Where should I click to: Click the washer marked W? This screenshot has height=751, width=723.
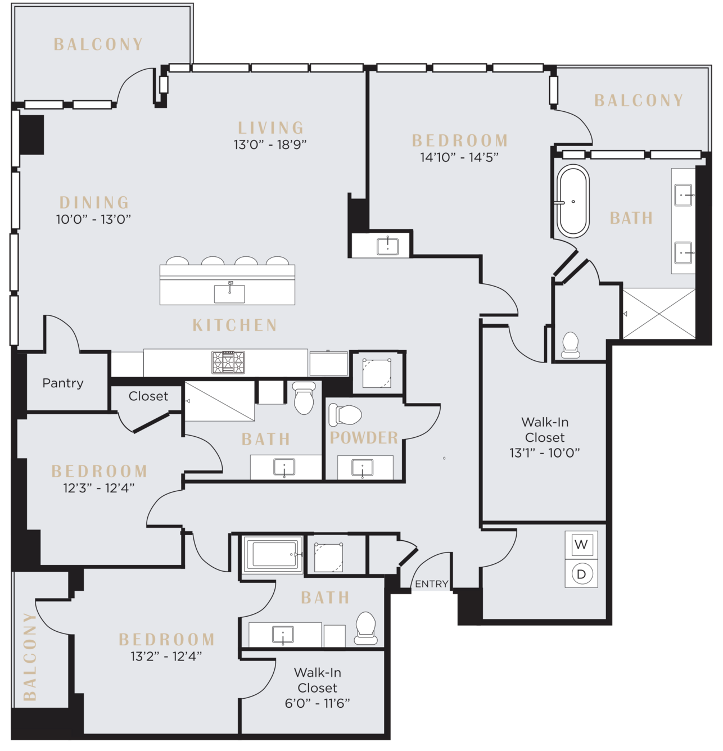581,545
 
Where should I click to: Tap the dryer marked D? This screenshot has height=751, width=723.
581,574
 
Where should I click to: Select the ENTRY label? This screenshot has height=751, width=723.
432,584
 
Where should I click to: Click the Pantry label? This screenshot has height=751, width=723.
63,383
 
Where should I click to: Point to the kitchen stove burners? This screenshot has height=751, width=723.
228,362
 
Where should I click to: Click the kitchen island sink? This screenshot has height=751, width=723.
229,293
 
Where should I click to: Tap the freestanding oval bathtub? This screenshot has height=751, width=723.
573,201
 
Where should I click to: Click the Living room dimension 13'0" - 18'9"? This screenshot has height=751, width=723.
270,144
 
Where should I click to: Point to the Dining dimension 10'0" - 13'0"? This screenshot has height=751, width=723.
93,219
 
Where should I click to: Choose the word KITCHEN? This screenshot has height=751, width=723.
234,325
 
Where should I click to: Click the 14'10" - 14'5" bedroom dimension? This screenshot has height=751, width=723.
459,157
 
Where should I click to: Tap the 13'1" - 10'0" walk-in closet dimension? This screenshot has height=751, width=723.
545,453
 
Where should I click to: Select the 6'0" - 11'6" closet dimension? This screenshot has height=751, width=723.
317,703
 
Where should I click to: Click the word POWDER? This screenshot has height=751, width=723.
364,438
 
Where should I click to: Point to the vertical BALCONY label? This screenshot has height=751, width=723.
30,657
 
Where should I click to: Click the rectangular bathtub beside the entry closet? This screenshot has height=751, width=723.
273,555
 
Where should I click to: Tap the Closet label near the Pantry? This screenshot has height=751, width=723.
148,396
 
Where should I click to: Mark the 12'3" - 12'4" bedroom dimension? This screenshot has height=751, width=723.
99,488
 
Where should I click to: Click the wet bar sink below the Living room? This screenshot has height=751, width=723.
387,246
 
